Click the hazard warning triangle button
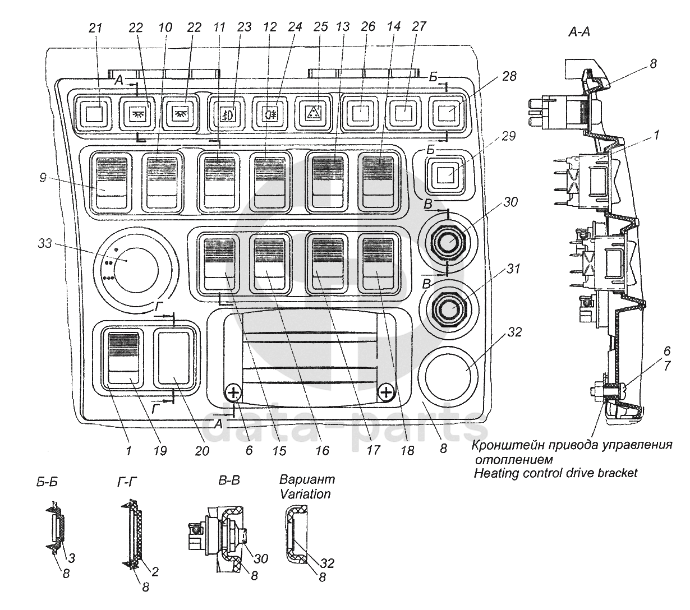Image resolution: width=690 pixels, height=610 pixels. point(313,112)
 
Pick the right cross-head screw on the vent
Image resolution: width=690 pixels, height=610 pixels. point(386,392)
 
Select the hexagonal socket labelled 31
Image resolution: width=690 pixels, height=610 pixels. point(448,308)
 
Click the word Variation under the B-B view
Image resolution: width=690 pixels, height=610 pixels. point(305,495)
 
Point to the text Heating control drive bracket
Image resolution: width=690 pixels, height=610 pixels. point(555,473)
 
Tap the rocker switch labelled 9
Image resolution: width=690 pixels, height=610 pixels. point(110,183)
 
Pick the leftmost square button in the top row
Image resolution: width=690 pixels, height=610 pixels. point(95,114)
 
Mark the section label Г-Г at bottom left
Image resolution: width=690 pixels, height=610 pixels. point(125,482)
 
